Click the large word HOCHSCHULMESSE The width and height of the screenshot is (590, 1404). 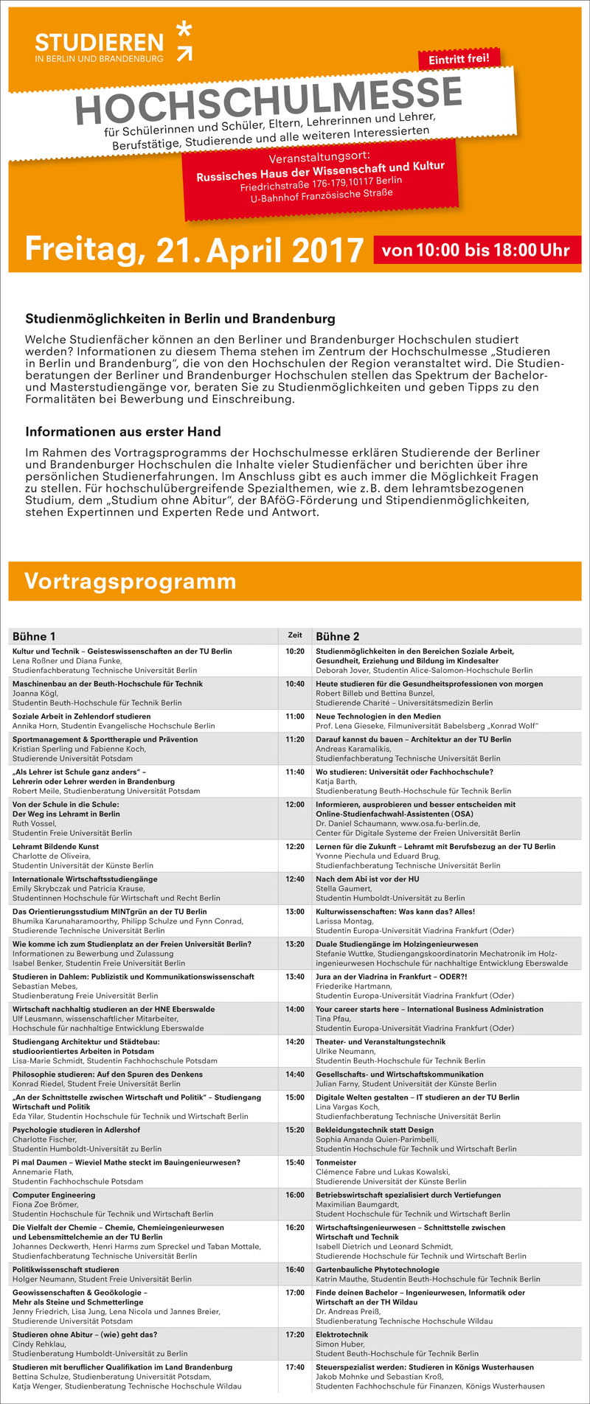(269, 101)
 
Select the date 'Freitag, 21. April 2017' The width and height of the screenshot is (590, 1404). (194, 250)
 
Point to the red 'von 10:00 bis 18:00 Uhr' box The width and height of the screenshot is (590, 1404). (476, 250)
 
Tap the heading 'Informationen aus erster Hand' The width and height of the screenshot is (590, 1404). (123, 431)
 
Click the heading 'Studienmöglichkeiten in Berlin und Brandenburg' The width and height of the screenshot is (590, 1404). (180, 319)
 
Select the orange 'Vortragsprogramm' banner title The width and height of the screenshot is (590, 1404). (130, 581)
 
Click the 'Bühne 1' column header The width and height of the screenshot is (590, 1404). (34, 636)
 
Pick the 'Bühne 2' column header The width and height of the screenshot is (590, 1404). (338, 636)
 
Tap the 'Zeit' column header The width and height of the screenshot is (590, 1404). (294, 635)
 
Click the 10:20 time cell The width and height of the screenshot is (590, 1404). (295, 652)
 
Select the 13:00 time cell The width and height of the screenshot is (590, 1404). (295, 912)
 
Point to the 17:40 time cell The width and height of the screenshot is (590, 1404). (295, 1367)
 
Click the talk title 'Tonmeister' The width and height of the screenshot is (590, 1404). (336, 1162)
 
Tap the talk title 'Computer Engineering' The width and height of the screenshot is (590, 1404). (54, 1195)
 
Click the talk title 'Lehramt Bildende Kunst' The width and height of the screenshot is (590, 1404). (55, 847)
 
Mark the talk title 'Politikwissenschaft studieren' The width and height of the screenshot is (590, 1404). (66, 1270)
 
